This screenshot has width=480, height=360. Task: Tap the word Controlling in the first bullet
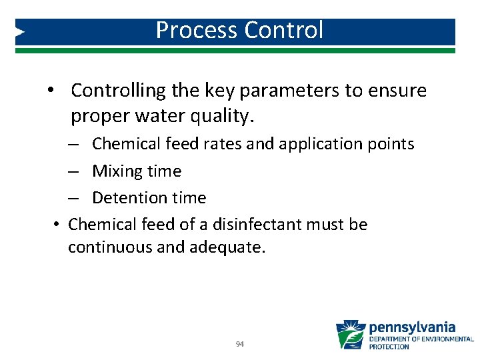click(x=111, y=91)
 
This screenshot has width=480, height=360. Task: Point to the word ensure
click(x=394, y=91)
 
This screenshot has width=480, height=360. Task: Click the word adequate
click(x=227, y=248)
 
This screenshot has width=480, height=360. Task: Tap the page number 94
click(x=240, y=345)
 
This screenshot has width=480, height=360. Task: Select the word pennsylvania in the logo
click(x=413, y=327)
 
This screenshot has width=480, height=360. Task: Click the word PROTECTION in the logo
click(x=389, y=347)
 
